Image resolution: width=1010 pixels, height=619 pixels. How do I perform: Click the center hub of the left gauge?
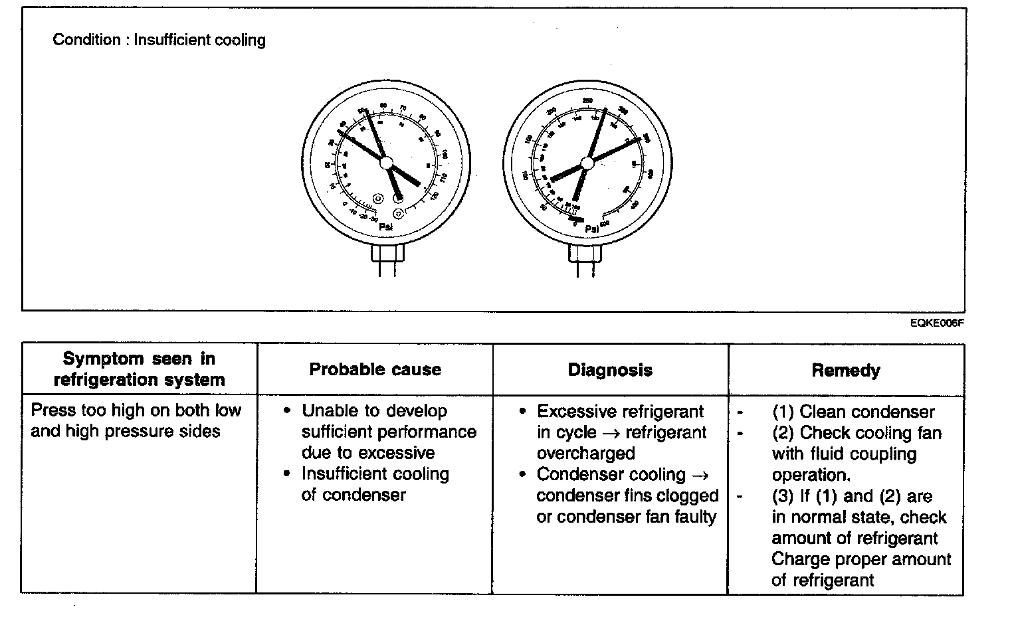pyautogui.click(x=386, y=163)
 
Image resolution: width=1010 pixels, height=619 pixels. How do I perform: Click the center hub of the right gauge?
pyautogui.click(x=587, y=163)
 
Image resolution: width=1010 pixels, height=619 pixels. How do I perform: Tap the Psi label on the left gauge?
pyautogui.click(x=385, y=226)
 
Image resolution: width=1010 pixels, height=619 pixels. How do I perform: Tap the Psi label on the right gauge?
pyautogui.click(x=592, y=229)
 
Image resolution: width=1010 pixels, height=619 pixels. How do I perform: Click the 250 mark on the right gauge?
pyautogui.click(x=587, y=101)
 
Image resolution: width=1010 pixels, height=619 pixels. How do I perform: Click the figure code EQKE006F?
pyautogui.click(x=937, y=323)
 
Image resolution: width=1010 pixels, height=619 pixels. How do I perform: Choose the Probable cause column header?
pyautogui.click(x=375, y=370)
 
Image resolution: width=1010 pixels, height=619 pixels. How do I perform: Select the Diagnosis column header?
pyautogui.click(x=610, y=370)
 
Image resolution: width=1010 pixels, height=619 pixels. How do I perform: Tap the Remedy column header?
pyautogui.click(x=846, y=371)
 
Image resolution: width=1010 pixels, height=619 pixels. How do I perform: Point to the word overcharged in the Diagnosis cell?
pyautogui.click(x=585, y=454)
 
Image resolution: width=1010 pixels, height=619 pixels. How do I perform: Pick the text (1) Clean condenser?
pyautogui.click(x=853, y=412)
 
